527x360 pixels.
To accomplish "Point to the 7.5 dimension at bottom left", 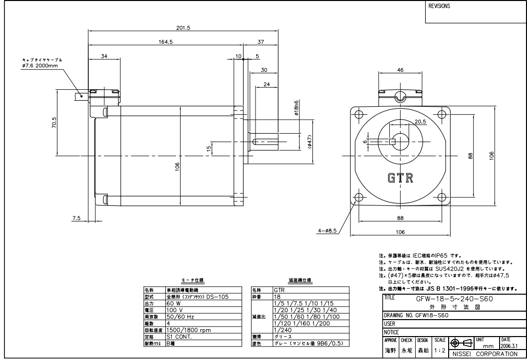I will click(x=76, y=218).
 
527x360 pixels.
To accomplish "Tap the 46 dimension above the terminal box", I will click(x=400, y=70).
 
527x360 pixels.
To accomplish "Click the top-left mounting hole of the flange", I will click(x=357, y=114).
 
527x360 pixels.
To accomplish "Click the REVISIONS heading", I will click(x=440, y=7).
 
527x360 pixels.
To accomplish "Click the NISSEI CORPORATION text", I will click(x=484, y=354).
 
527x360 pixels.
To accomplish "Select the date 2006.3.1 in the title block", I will click(x=508, y=344).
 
